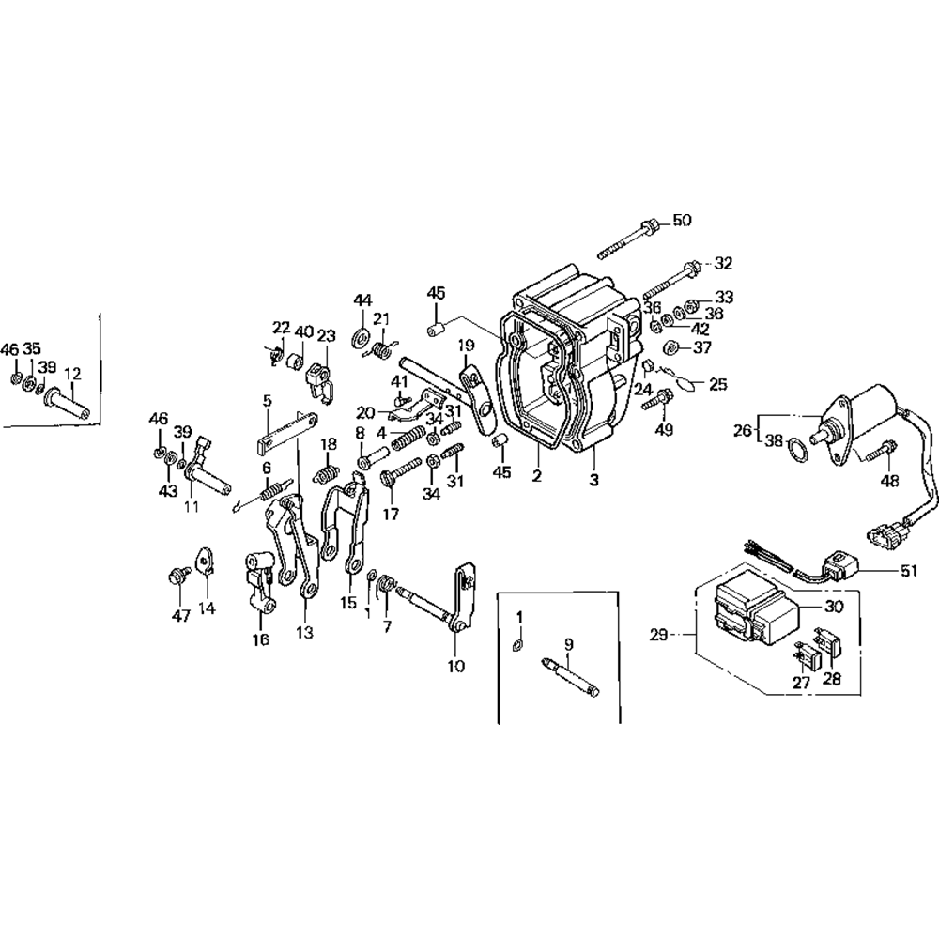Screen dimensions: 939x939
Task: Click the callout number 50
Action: click(x=682, y=221)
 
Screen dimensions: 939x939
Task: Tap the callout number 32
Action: click(x=723, y=263)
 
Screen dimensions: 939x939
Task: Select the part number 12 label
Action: click(x=72, y=373)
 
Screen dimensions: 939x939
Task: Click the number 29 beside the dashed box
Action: click(x=657, y=636)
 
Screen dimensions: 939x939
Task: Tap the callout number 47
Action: click(x=180, y=616)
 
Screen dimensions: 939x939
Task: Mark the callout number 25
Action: click(x=718, y=383)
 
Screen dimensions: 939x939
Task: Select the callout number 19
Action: click(x=467, y=346)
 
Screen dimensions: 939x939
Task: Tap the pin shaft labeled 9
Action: click(x=572, y=677)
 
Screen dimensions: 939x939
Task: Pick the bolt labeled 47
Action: click(x=177, y=577)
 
